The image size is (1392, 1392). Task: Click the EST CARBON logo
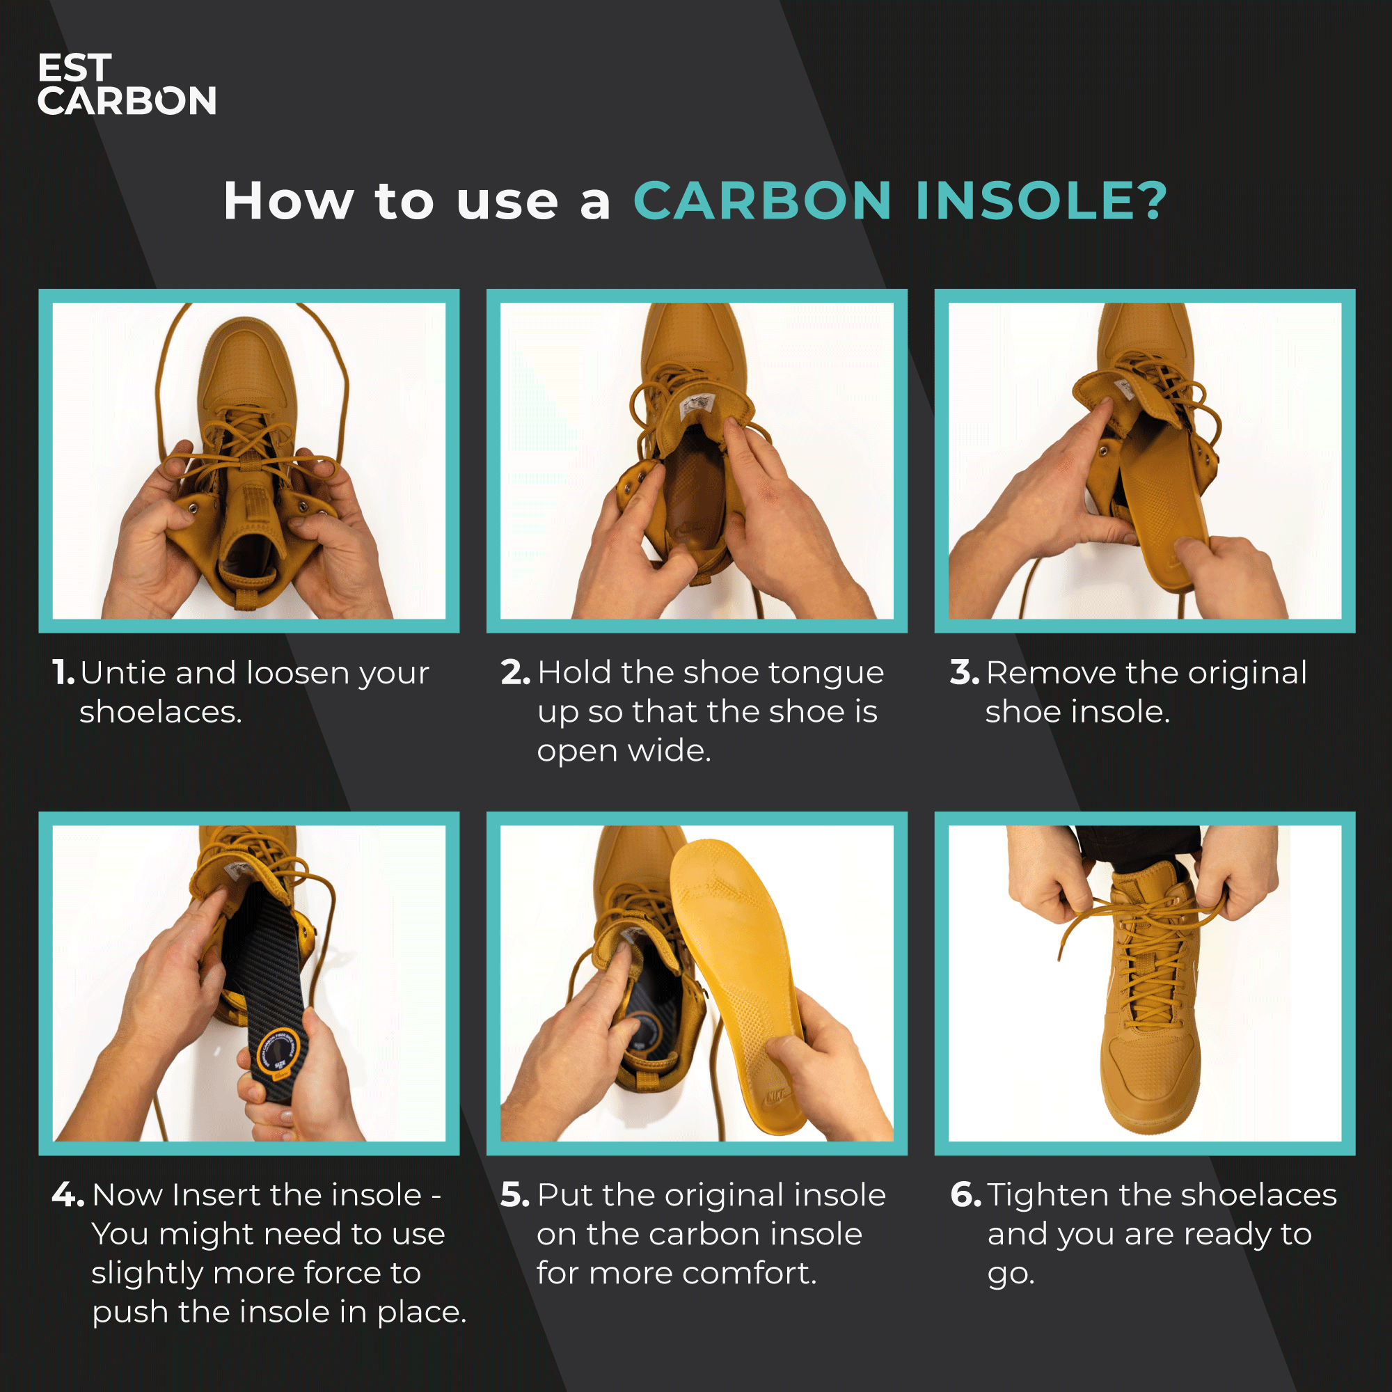click(x=126, y=84)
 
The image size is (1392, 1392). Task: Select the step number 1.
click(x=63, y=673)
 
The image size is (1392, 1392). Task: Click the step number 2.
click(x=515, y=673)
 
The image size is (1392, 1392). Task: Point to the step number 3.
click(x=964, y=673)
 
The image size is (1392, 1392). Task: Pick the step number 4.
click(x=68, y=1195)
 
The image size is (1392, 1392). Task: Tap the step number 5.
click(x=515, y=1195)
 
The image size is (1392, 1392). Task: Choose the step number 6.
click(x=965, y=1195)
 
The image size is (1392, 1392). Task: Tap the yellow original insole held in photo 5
click(x=735, y=973)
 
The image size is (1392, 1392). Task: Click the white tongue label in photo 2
click(x=696, y=404)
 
